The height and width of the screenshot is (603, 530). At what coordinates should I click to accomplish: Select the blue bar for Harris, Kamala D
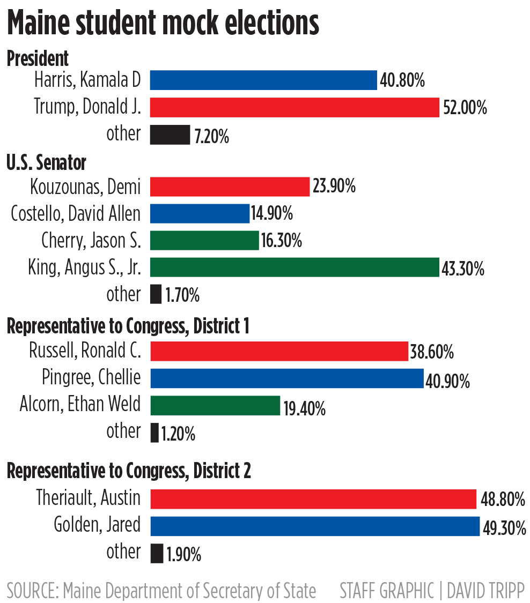click(263, 80)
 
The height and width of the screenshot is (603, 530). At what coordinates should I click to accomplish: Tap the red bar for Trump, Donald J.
click(294, 107)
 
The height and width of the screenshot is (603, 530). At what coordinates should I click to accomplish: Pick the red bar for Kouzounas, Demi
click(230, 187)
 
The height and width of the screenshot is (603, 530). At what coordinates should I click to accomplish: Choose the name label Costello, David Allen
click(76, 214)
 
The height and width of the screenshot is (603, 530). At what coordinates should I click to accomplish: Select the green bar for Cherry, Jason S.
click(204, 241)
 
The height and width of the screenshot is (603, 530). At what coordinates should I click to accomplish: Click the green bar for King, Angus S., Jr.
click(294, 267)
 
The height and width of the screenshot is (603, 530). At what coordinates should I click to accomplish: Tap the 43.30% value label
click(462, 269)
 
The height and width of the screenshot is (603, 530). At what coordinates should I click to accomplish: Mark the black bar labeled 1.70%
click(156, 294)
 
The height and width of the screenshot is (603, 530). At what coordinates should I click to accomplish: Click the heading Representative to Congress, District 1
click(128, 326)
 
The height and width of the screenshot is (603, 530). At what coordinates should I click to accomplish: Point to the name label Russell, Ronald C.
click(85, 351)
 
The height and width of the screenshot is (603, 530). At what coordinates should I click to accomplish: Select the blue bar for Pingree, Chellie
click(286, 378)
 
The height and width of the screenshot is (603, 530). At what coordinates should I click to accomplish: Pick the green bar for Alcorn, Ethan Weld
click(215, 405)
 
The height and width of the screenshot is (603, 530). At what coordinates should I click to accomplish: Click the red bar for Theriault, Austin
click(313, 499)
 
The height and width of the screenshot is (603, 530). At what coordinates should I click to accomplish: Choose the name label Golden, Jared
click(97, 525)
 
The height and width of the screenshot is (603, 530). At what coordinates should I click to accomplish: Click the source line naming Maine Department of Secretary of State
click(161, 590)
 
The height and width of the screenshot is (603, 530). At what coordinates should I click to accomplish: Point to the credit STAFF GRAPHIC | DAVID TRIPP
click(432, 590)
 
